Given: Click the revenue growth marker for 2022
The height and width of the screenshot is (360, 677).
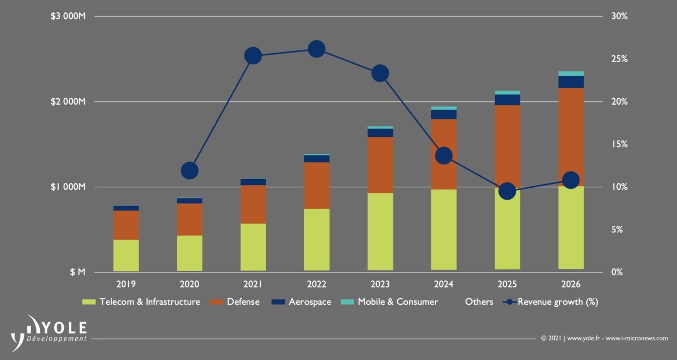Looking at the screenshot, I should [317, 49].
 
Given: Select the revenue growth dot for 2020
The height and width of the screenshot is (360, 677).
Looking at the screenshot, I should [189, 171].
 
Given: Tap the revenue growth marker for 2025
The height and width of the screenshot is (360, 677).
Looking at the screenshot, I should [507, 191].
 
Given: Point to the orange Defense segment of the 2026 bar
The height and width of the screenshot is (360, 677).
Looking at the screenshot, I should [571, 137].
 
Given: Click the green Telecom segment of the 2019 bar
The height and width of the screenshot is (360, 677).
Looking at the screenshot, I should [126, 255].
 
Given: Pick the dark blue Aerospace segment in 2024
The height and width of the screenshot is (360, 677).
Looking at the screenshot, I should [444, 114].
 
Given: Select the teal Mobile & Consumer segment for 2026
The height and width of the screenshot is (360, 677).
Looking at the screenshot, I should [571, 74].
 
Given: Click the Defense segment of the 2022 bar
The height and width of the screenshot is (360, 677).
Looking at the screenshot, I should [317, 185].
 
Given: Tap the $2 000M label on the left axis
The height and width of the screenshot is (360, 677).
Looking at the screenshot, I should [68, 102].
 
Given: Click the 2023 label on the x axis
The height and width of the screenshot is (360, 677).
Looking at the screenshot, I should [380, 284].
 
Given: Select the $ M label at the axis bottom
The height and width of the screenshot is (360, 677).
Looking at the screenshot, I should [78, 273].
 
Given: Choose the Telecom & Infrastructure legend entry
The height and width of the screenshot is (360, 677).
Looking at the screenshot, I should [142, 302].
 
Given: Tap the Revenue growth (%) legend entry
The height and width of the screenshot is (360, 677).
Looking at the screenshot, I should [550, 302].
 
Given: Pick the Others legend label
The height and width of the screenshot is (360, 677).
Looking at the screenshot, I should [479, 302].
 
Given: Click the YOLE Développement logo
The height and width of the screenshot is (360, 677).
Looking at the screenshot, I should [50, 330].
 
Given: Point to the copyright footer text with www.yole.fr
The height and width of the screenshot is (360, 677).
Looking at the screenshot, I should [604, 339].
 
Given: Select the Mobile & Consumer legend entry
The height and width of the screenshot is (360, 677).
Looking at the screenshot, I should [389, 302].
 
